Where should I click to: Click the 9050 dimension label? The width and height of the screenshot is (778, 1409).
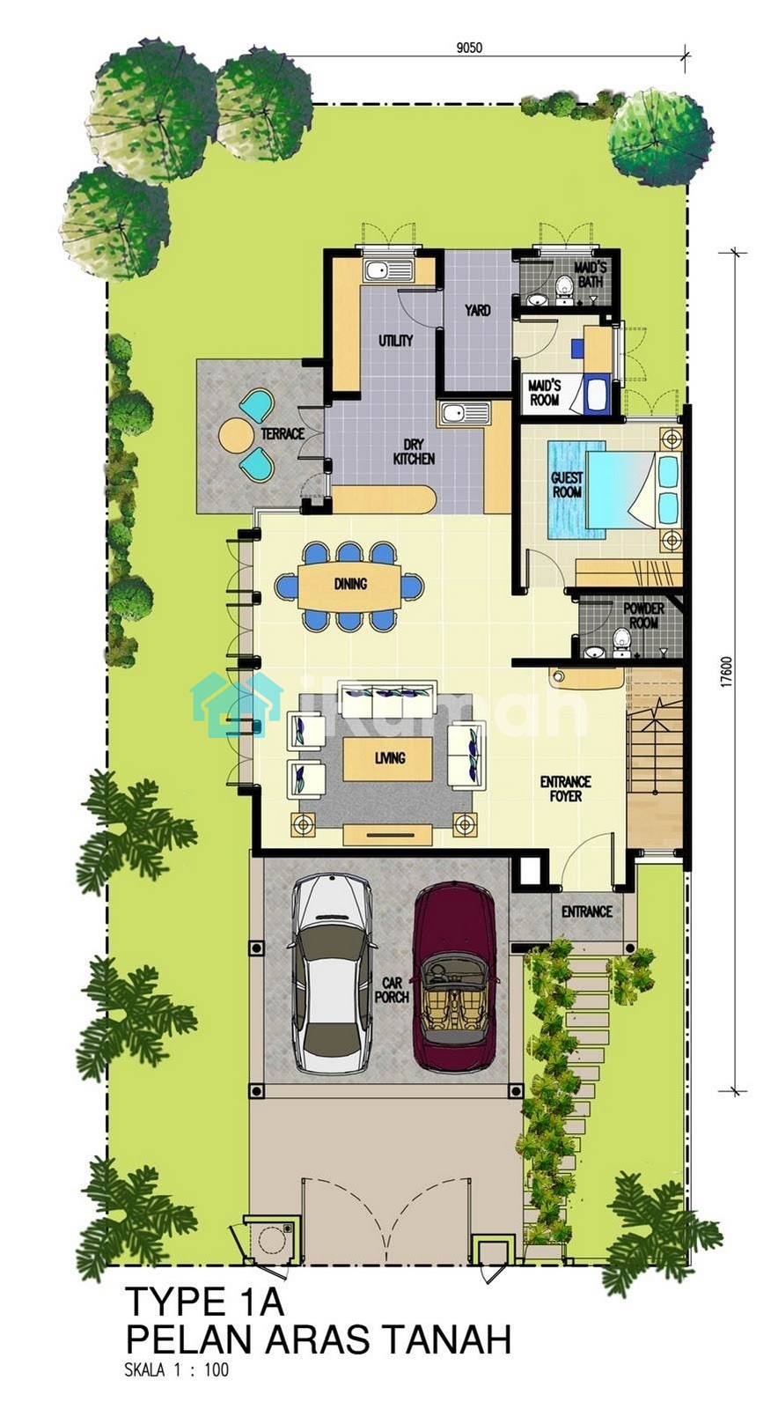[x=469, y=48]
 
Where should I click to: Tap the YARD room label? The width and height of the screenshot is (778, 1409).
[x=478, y=310]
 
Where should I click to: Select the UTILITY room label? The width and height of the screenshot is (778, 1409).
[x=396, y=340]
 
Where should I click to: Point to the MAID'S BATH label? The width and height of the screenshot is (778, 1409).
[x=590, y=275]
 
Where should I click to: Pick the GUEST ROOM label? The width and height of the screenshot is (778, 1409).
[x=567, y=485]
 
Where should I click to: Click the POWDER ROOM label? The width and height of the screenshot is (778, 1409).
[x=644, y=616]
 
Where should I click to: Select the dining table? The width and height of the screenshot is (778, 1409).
[x=350, y=585]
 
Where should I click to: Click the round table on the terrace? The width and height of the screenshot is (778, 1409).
[x=235, y=435]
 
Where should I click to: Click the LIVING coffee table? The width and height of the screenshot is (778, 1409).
[x=388, y=758]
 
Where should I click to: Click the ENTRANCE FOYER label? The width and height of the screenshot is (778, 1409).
[x=566, y=789]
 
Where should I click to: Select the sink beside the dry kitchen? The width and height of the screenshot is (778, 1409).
[x=464, y=414]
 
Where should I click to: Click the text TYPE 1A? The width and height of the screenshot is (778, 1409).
[x=205, y=1302]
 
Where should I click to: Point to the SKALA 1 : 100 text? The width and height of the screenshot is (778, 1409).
[x=177, y=1370]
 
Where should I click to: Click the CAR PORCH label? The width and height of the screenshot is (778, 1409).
[x=392, y=990]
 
